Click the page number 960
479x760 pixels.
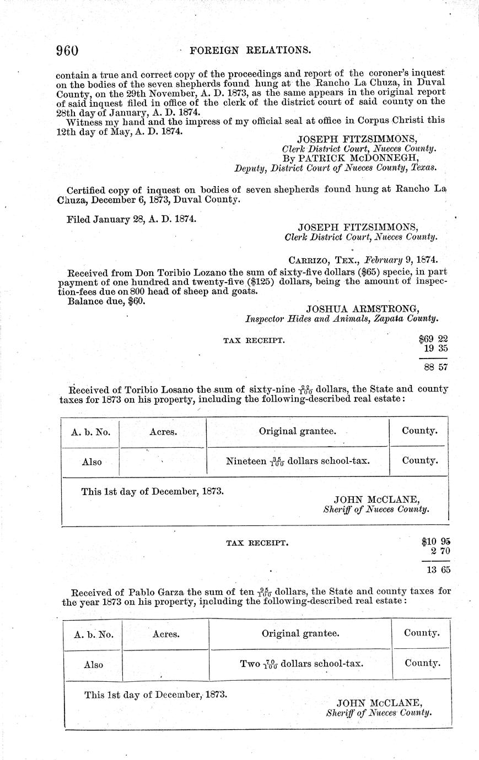pyautogui.click(x=67, y=51)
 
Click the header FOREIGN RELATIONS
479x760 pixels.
pyautogui.click(x=251, y=51)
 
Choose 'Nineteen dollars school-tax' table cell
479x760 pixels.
pyautogui.click(x=298, y=462)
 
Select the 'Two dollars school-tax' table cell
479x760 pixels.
pyautogui.click(x=301, y=664)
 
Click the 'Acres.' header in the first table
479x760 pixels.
pyautogui.click(x=163, y=432)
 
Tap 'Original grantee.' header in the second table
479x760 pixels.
pyautogui.click(x=300, y=633)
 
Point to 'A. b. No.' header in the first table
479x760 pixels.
pyautogui.click(x=90, y=432)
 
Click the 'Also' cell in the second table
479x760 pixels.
pyautogui.click(x=93, y=665)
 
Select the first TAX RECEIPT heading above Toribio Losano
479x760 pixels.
pyautogui.click(x=254, y=341)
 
